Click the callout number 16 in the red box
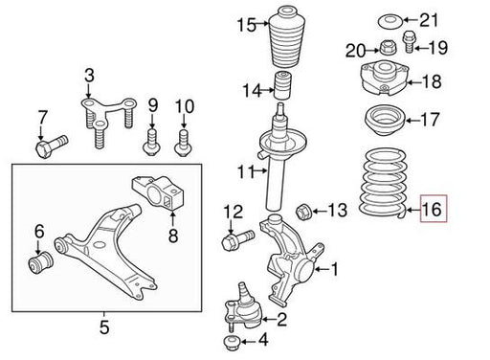tap(432, 210)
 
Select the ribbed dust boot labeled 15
tap(287, 37)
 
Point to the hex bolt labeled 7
tap(51, 146)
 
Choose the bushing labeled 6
tap(40, 263)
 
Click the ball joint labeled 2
tap(243, 308)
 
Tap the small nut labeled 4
tap(232, 343)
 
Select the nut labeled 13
tap(303, 212)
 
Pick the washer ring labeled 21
tap(390, 22)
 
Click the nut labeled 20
tap(387, 48)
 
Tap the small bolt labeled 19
tap(409, 41)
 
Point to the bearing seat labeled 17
tap(385, 121)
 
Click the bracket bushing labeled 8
tap(159, 193)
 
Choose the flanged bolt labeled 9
tap(151, 143)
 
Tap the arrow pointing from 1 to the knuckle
tap(322, 270)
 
